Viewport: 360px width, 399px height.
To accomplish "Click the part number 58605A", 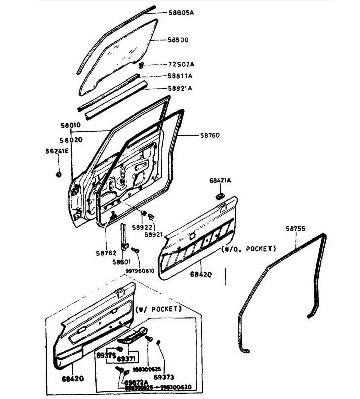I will [179, 13].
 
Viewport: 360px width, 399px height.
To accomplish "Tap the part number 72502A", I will [179, 65].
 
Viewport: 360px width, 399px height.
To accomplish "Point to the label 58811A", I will [179, 76].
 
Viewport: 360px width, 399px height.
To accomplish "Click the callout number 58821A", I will [179, 88].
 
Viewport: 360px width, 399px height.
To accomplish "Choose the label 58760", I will [210, 135].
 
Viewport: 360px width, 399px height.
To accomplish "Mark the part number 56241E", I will [58, 150].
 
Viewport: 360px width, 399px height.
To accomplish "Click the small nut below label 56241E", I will [58, 174].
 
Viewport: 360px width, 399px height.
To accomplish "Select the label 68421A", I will [220, 180].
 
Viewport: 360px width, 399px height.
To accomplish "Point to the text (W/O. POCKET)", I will [248, 249].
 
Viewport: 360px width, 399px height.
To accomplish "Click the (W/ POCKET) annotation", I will [158, 309].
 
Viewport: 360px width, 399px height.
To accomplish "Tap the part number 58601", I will [121, 262].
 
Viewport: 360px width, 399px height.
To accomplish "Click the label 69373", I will [164, 377].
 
